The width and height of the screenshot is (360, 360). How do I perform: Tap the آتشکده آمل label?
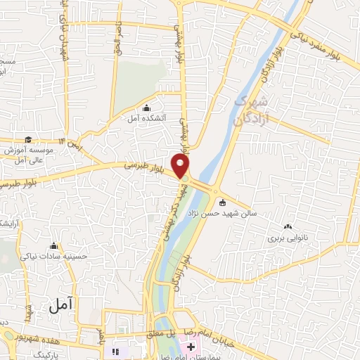pyautogui.click(x=146, y=118)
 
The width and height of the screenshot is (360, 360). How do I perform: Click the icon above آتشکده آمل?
pyautogui.click(x=146, y=108)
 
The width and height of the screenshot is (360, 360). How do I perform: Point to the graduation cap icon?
pyautogui.click(x=28, y=139)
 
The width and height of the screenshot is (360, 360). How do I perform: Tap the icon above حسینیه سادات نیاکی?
pyautogui.click(x=54, y=246)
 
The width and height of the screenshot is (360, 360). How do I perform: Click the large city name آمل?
pyautogui.click(x=62, y=304)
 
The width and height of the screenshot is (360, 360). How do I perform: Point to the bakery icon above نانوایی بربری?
pyautogui.click(x=288, y=227)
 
